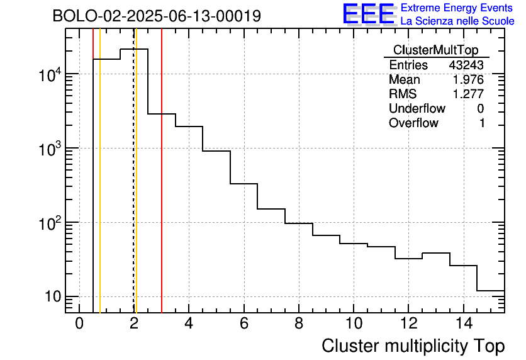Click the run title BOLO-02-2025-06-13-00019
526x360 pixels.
point(157,16)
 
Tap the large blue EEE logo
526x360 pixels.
point(369,14)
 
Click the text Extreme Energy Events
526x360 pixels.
point(457,8)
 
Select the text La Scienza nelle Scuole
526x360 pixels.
point(457,21)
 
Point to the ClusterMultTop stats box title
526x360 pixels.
point(435,50)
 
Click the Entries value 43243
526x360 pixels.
point(466,65)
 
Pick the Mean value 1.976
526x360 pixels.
point(469,80)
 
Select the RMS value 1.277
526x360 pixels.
point(469,94)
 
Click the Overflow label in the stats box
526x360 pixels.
point(413,123)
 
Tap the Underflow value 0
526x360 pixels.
point(481,109)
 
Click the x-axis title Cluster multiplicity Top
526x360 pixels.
point(413,346)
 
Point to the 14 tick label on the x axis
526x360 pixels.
point(462,324)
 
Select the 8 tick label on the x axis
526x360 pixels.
point(298,324)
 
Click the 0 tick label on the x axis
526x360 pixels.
point(79,324)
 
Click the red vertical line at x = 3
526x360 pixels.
point(162,189)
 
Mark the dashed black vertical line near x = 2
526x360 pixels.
point(134,189)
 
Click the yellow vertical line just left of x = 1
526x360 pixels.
point(100,189)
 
